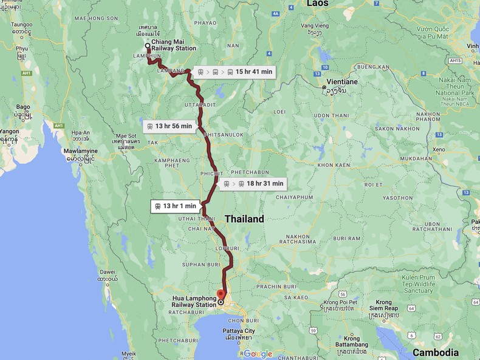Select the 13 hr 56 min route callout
click(x=169, y=126)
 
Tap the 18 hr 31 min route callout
click(x=252, y=183)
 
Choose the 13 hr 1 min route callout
click(x=175, y=206)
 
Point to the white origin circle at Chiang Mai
click(x=148, y=46)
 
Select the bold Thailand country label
click(x=244, y=219)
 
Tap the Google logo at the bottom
click(x=258, y=354)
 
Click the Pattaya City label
click(x=238, y=331)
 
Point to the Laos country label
click(x=317, y=4)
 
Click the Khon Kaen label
click(x=334, y=165)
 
